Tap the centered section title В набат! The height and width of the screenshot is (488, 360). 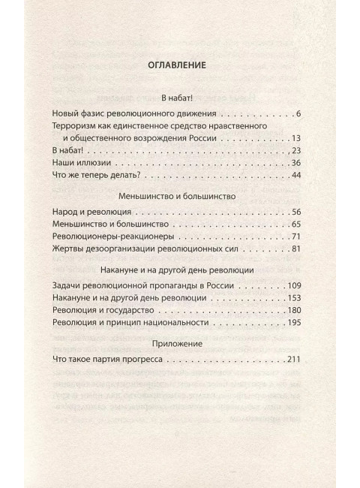click(178, 97)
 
